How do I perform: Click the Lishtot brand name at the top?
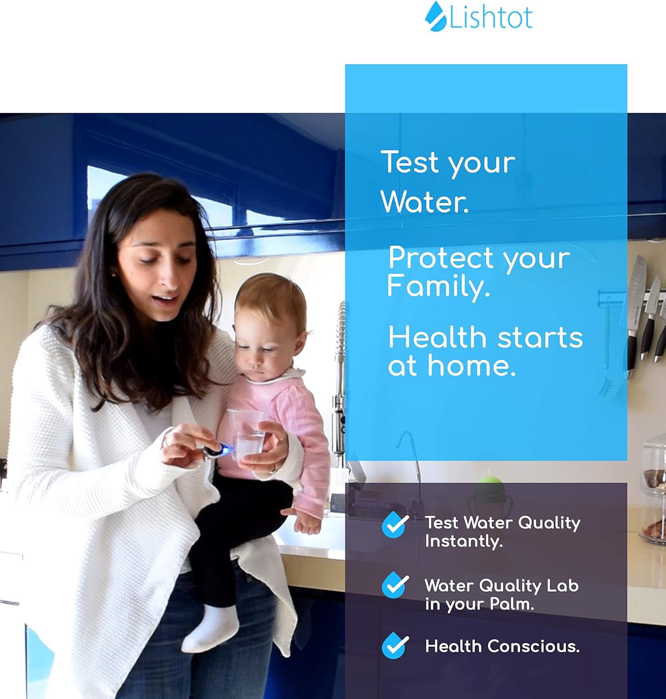(491, 17)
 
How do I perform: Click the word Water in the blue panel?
(424, 202)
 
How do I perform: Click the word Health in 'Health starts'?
(437, 337)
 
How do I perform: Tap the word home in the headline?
(472, 366)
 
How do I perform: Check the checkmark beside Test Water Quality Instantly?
(395, 525)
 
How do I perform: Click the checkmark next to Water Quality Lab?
(395, 585)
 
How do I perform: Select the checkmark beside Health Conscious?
(395, 646)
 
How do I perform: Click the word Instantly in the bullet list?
(463, 541)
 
